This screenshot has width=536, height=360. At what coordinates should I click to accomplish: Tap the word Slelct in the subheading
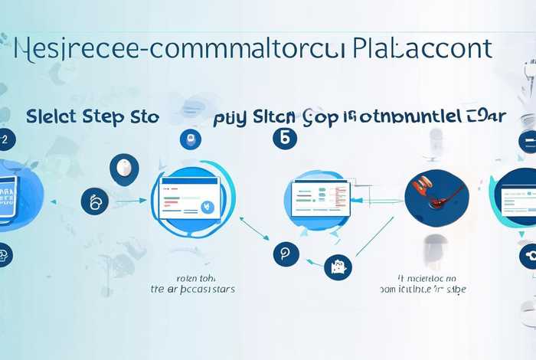[53, 116]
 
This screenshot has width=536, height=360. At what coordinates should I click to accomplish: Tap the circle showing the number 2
[5, 139]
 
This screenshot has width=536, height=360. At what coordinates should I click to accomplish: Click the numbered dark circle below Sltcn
[283, 139]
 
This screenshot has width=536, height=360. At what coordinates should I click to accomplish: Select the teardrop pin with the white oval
[123, 169]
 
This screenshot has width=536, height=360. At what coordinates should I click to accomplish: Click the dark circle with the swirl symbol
[95, 201]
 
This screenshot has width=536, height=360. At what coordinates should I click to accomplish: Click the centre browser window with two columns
[320, 196]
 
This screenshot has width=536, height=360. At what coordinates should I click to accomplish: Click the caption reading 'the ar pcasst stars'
[191, 290]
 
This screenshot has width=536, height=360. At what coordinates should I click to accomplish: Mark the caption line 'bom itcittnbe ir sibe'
[423, 290]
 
